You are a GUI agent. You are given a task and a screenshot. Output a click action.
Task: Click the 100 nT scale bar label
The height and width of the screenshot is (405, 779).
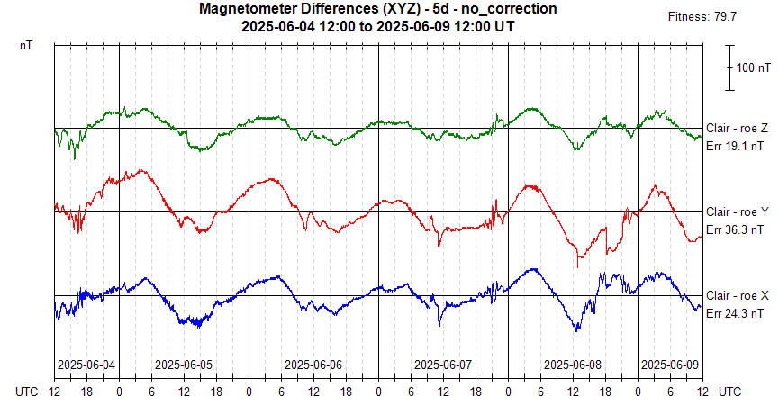(753, 67)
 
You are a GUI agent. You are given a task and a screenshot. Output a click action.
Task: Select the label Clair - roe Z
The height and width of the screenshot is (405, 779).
(737, 128)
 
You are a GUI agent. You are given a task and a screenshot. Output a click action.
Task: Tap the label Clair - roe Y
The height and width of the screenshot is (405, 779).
(737, 211)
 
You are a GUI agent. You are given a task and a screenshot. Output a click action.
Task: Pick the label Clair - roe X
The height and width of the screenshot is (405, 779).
(737, 295)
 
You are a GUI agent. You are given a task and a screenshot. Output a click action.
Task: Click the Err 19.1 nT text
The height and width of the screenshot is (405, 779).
(735, 146)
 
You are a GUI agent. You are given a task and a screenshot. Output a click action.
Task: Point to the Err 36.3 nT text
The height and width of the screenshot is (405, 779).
(735, 229)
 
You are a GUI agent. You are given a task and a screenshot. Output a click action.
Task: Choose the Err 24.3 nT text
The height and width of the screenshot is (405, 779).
(735, 313)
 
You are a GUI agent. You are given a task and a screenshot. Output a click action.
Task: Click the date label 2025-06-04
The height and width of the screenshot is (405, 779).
(86, 365)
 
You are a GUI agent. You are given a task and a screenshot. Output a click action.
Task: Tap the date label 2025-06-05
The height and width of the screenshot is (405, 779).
(184, 365)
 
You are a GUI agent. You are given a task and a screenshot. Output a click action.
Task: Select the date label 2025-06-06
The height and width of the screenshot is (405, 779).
(313, 365)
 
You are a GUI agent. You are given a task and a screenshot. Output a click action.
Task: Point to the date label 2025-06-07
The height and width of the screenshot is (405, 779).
(443, 365)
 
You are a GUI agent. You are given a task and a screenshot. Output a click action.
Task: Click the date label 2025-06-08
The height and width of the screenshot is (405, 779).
(573, 365)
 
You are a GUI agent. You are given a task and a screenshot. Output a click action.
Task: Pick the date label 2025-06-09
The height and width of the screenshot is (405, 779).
(669, 365)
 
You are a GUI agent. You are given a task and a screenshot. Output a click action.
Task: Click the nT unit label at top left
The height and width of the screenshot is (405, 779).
(26, 44)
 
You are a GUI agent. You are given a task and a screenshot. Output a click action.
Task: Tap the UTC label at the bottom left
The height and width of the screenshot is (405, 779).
(28, 391)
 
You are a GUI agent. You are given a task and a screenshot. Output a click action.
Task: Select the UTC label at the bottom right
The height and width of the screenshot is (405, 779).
(730, 391)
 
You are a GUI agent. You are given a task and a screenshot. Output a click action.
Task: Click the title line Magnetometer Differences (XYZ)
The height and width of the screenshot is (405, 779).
(378, 9)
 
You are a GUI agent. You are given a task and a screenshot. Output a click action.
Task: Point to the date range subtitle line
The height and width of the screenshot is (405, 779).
(378, 26)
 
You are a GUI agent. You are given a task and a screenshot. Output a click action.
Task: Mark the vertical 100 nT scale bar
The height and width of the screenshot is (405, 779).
(730, 67)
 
